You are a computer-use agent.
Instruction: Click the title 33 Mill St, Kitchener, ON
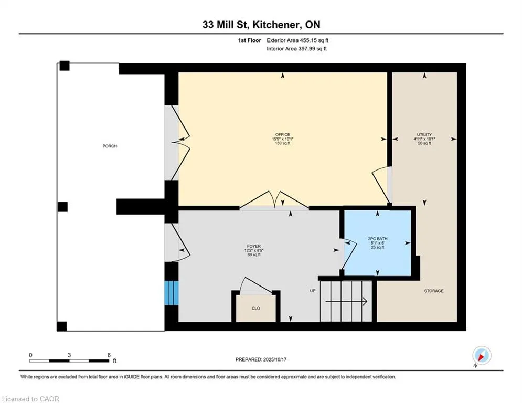tap(261, 25)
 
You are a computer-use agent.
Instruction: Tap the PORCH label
tap(110, 146)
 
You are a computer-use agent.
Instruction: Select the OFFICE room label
tap(283, 134)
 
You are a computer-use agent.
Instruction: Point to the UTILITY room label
tap(424, 134)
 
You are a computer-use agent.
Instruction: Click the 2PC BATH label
tap(378, 238)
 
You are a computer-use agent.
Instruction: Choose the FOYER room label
tap(254, 246)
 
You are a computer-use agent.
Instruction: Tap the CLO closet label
tap(255, 309)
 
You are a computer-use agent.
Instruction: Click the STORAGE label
tap(434, 291)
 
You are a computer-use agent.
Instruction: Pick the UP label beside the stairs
tap(313, 291)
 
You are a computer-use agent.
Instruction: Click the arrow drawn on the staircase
tap(346, 301)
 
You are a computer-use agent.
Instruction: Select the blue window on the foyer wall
tap(172, 293)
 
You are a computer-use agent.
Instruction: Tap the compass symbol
tap(482, 356)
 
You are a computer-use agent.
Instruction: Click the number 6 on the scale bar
tap(109, 355)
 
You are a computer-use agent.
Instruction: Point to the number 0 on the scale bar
tap(30, 355)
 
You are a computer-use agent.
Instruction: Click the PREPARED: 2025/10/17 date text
tap(261, 359)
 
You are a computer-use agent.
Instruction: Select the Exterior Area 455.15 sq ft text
tap(297, 40)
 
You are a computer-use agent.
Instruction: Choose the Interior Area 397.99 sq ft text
tap(296, 49)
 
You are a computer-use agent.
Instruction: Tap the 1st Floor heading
tap(249, 40)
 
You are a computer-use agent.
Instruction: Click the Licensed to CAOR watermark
tap(30, 399)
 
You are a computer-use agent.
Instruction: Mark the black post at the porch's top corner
tap(65, 66)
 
